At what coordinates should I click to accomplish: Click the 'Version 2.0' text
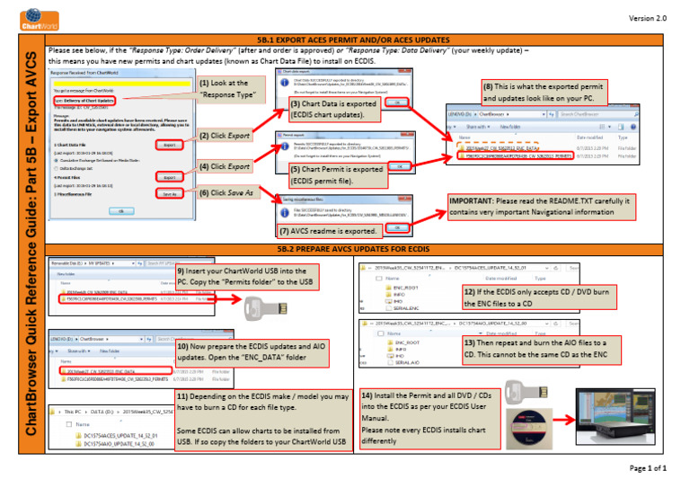click(x=650, y=18)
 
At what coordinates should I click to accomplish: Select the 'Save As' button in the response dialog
click(x=168, y=193)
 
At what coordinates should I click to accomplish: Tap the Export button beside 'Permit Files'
click(x=168, y=178)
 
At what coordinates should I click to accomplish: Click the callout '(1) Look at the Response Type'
click(x=227, y=88)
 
